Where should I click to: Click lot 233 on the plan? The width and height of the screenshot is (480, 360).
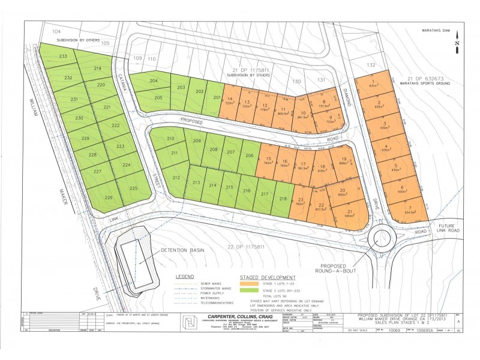tap(63, 56)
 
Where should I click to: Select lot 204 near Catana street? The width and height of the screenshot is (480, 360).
tap(154, 81)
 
